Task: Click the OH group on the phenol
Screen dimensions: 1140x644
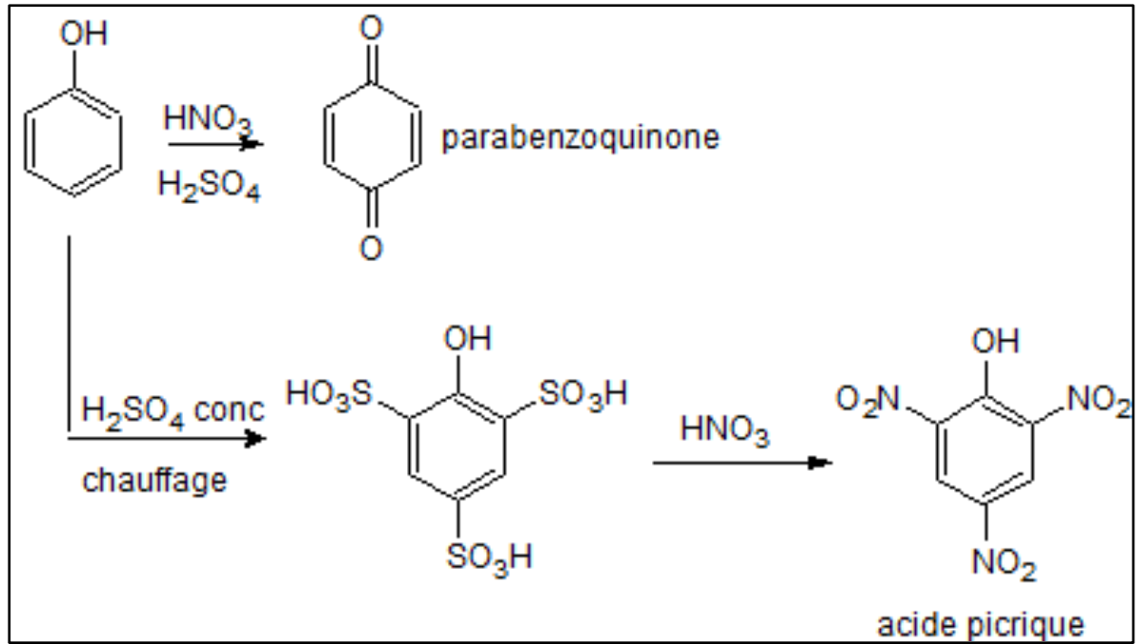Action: (84, 33)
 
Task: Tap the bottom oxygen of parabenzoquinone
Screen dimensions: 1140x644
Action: (371, 247)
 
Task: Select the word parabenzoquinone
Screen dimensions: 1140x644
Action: (580, 137)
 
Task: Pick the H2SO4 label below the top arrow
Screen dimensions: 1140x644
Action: (209, 186)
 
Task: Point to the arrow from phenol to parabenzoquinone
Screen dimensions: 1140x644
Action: (216, 144)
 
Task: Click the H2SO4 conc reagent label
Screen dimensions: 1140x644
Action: (173, 411)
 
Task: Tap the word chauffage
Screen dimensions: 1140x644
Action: (154, 480)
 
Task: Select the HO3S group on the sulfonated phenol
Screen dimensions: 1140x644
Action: (329, 394)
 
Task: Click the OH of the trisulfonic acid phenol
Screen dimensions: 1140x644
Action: (468, 339)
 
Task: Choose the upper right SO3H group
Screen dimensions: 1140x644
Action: (583, 394)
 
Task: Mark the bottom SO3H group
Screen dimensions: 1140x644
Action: (489, 557)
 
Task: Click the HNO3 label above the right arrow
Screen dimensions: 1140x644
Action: (724, 429)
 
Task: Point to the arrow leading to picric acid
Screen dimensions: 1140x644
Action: (743, 462)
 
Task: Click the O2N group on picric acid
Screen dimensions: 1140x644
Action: (868, 399)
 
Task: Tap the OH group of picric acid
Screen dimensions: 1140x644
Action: (996, 341)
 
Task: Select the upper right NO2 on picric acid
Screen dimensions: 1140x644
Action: (1099, 399)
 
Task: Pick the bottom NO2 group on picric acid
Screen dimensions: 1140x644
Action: (1004, 563)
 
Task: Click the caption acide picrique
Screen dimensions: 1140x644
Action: (981, 624)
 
